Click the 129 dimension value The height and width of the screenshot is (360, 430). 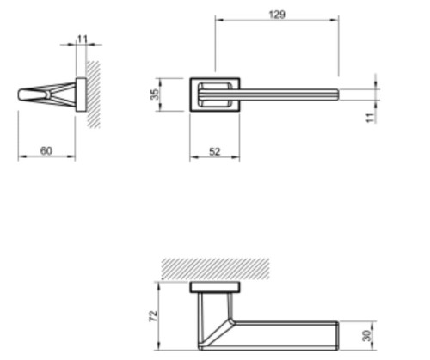pyautogui.click(x=277, y=15)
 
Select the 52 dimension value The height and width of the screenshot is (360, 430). pyautogui.click(x=214, y=151)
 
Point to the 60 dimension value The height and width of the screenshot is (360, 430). pyautogui.click(x=46, y=151)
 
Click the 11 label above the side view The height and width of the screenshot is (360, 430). pyautogui.click(x=83, y=39)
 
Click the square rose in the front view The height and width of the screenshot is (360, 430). pyautogui.click(x=214, y=95)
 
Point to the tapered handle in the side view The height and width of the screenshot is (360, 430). pyautogui.click(x=47, y=95)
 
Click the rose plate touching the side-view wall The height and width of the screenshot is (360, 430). pyautogui.click(x=81, y=95)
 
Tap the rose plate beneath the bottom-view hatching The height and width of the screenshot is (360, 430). pyautogui.click(x=215, y=287)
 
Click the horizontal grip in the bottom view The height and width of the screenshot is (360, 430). pyautogui.click(x=288, y=335)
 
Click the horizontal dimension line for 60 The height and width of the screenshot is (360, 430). pyautogui.click(x=46, y=158)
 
